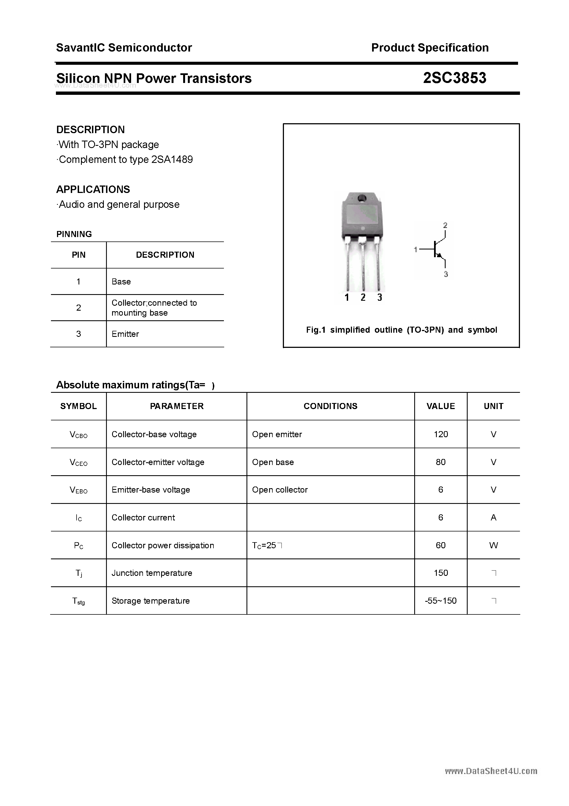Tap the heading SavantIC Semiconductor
click(x=124, y=47)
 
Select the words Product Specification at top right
click(x=429, y=47)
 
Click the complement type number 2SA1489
click(x=172, y=159)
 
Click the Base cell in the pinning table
click(x=121, y=281)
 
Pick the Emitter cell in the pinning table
click(x=125, y=334)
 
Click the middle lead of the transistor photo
click(x=363, y=267)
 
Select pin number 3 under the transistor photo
click(x=380, y=298)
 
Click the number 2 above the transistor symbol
click(x=445, y=225)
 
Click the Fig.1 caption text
click(x=401, y=330)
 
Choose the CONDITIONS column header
click(x=330, y=406)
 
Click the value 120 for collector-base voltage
click(x=441, y=434)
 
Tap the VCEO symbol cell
click(x=78, y=462)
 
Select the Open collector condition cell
click(x=280, y=490)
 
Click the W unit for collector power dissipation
click(x=493, y=545)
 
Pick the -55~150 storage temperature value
click(x=441, y=601)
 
